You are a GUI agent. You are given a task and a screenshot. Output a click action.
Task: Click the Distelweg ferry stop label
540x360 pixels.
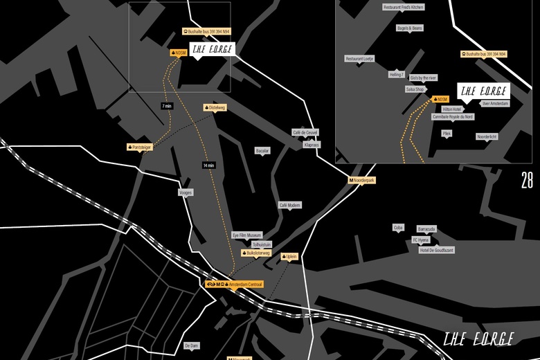click(215, 108)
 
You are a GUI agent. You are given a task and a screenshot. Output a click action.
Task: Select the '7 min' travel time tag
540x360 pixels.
click(166, 106)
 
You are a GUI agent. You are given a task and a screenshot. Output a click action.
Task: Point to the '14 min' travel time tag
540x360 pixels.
click(209, 165)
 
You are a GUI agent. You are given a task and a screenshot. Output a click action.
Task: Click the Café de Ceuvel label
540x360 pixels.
click(305, 132)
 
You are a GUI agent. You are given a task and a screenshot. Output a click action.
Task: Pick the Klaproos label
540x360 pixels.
click(312, 145)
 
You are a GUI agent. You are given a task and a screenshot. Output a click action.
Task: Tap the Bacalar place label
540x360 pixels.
click(262, 150)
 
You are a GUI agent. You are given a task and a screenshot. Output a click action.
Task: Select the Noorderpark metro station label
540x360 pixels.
click(361, 180)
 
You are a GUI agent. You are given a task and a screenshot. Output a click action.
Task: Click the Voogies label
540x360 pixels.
click(186, 192)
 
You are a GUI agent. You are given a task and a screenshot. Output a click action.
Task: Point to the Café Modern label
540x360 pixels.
click(289, 206)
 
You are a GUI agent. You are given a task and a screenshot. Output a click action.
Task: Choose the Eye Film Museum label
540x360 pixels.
click(246, 235)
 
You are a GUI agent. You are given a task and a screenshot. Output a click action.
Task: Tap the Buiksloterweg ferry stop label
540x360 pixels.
click(255, 253)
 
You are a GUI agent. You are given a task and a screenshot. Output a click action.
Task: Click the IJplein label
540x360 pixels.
click(289, 256)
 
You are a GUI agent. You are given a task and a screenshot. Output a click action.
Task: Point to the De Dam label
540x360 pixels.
click(191, 345)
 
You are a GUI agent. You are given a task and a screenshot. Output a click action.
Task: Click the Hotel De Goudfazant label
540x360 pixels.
click(437, 250)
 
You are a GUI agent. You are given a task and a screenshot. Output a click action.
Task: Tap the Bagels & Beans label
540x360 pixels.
click(409, 28)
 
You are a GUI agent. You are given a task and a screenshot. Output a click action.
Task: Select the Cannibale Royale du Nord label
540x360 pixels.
click(453, 117)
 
